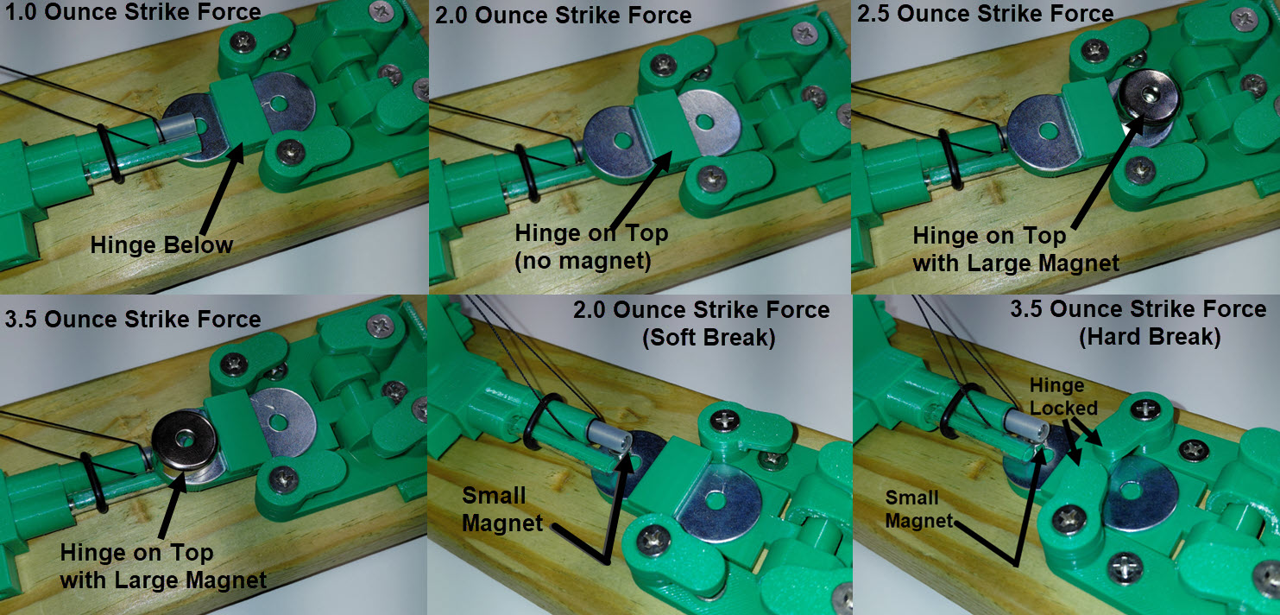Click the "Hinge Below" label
coord(161,245)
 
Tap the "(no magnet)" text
coord(582,260)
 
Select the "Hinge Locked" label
coord(1062,396)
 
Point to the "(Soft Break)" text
coord(708,338)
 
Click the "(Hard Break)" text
coord(1149,338)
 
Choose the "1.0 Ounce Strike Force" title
coord(132,12)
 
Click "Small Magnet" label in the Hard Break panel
coord(912,509)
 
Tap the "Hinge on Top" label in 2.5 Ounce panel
coord(989,236)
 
